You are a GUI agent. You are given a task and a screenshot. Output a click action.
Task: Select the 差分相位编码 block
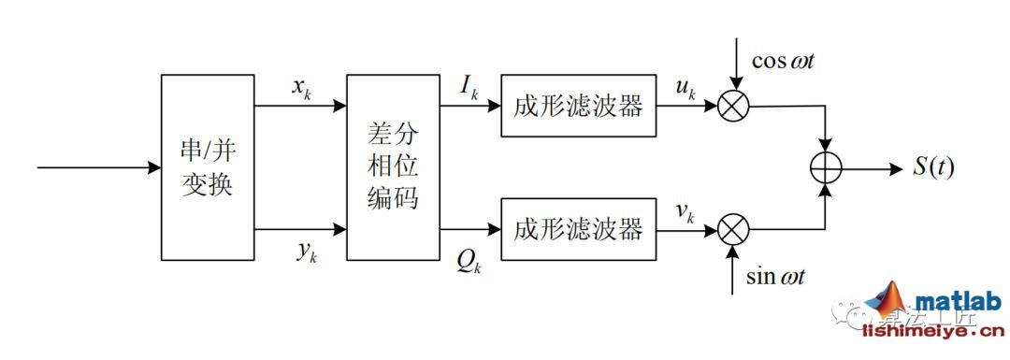(393, 167)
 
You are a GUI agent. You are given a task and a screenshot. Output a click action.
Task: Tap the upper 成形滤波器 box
(578, 106)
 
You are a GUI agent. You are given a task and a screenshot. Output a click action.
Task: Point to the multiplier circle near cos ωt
(733, 106)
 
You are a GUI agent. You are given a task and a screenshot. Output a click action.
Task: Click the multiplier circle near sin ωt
(733, 229)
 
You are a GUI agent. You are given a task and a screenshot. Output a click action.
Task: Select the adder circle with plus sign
(826, 168)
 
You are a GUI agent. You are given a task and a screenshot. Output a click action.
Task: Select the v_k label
(685, 212)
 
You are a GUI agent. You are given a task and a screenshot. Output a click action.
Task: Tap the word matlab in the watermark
(958, 301)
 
